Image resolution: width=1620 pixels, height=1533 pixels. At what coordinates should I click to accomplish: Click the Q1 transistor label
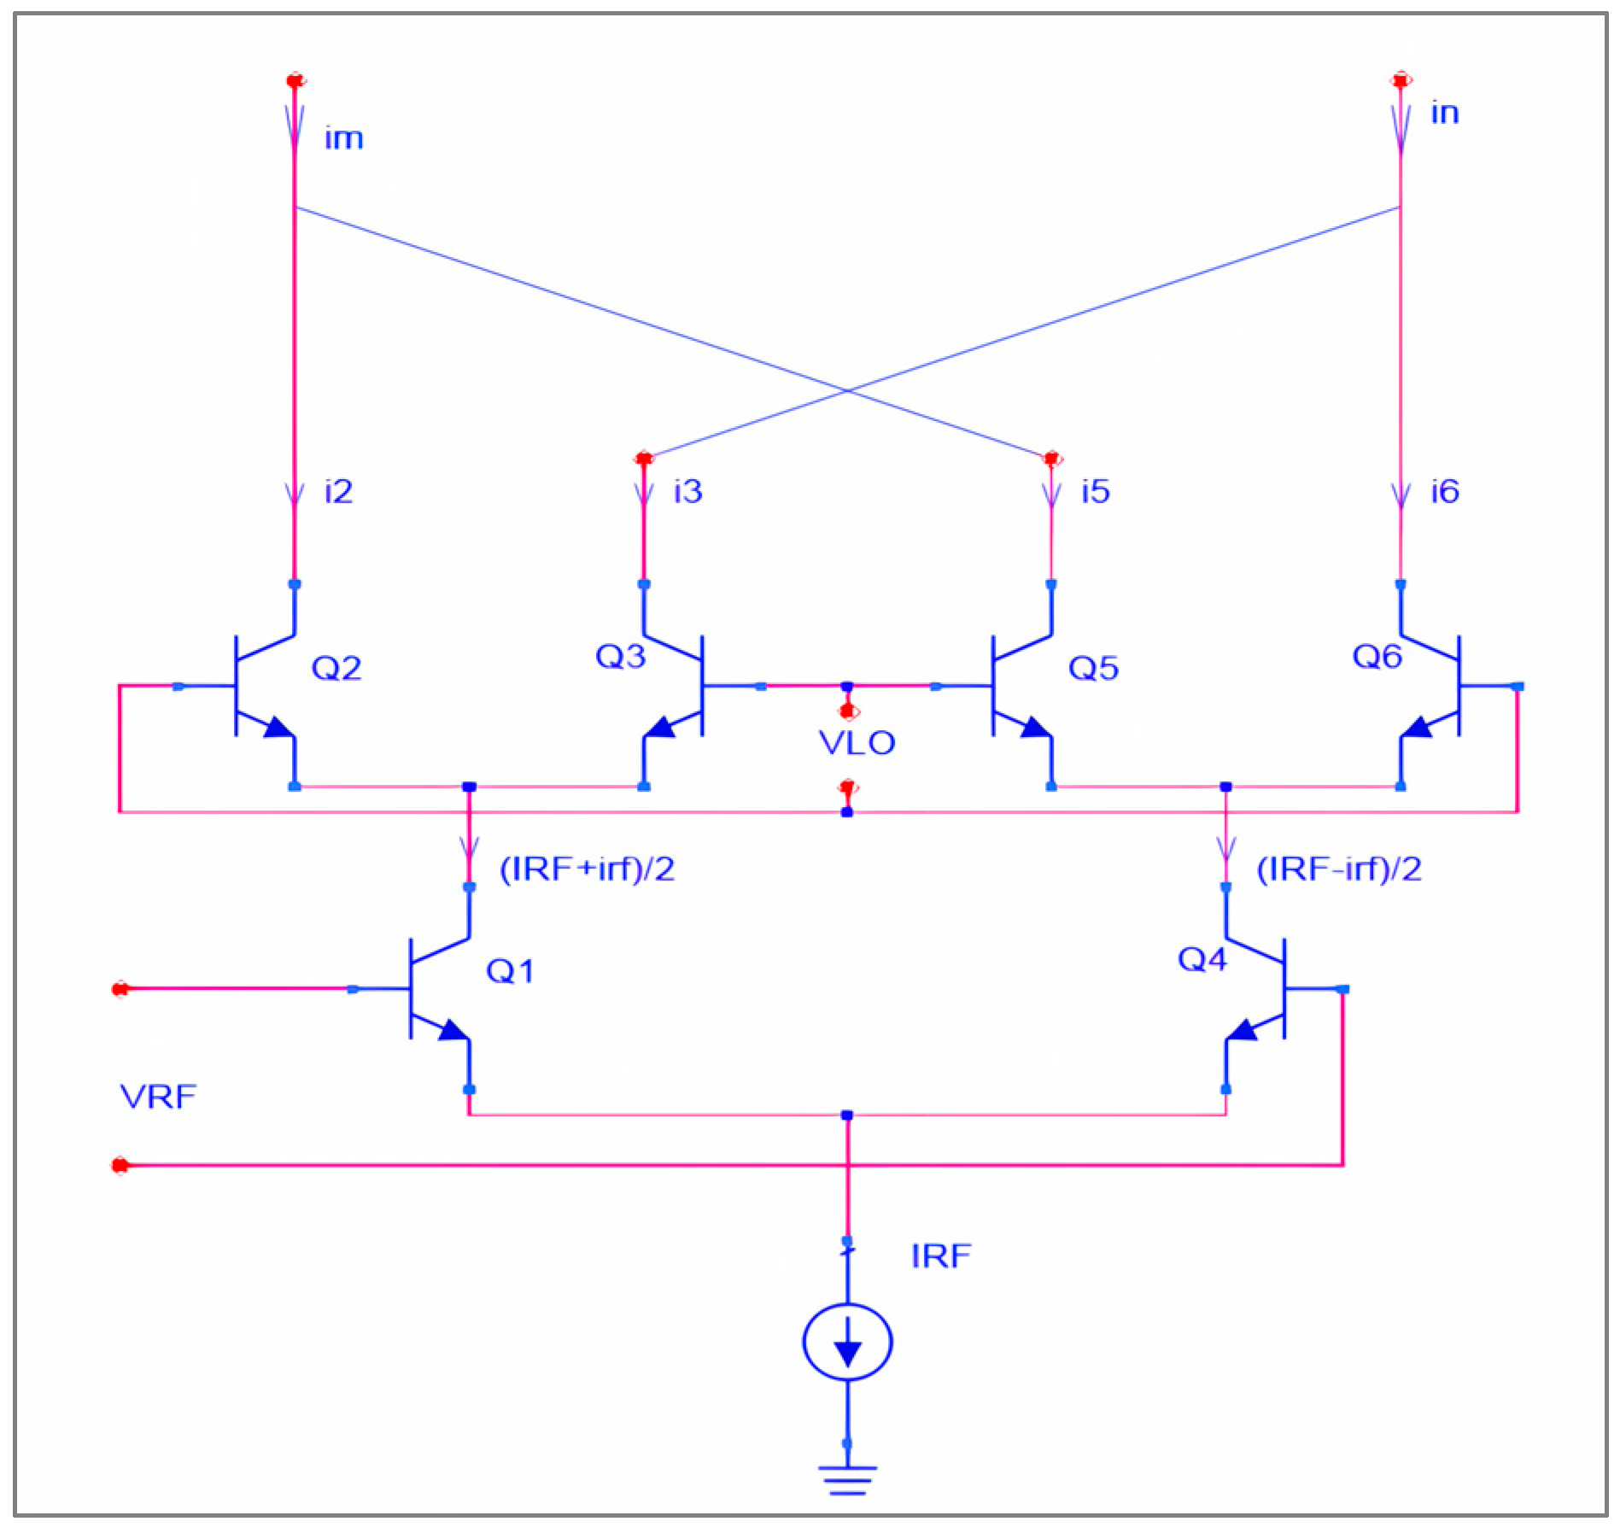pyautogui.click(x=510, y=971)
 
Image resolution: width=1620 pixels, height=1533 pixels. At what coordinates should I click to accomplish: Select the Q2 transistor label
pyautogui.click(x=336, y=668)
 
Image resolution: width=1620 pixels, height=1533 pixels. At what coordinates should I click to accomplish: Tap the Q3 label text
pyautogui.click(x=620, y=656)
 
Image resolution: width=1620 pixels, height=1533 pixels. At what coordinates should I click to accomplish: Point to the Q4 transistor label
pyautogui.click(x=1202, y=959)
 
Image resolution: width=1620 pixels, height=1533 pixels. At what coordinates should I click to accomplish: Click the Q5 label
pyautogui.click(x=1093, y=668)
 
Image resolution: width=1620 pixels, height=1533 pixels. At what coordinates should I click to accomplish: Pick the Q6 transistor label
pyautogui.click(x=1377, y=656)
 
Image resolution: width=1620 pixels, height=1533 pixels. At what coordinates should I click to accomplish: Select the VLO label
pyautogui.click(x=857, y=743)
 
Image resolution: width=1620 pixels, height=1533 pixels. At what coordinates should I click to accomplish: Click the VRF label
pyautogui.click(x=158, y=1097)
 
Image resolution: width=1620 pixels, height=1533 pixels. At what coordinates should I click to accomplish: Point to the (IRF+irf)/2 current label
pyautogui.click(x=587, y=869)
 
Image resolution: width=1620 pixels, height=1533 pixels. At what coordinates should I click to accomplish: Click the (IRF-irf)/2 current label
pyautogui.click(x=1338, y=869)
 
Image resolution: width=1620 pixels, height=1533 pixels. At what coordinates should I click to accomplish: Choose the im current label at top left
pyautogui.click(x=343, y=138)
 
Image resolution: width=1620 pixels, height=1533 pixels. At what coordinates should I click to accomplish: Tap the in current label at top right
pyautogui.click(x=1444, y=113)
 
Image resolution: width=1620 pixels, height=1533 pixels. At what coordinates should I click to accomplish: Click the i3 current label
pyautogui.click(x=687, y=491)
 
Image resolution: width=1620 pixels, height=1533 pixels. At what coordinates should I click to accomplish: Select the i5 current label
pyautogui.click(x=1095, y=491)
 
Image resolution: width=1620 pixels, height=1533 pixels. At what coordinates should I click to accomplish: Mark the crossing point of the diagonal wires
pyautogui.click(x=847, y=391)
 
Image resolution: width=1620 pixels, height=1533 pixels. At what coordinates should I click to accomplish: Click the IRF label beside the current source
pyautogui.click(x=940, y=1255)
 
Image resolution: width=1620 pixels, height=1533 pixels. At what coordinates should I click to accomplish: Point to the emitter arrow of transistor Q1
pyautogui.click(x=452, y=1031)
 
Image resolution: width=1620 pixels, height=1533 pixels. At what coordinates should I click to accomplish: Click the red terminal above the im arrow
pyautogui.click(x=295, y=81)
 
